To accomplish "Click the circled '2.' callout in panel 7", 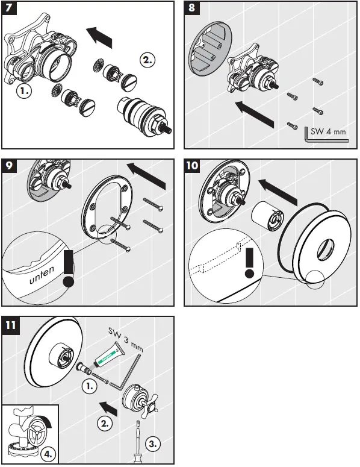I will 147,59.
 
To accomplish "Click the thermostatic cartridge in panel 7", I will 143,117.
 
